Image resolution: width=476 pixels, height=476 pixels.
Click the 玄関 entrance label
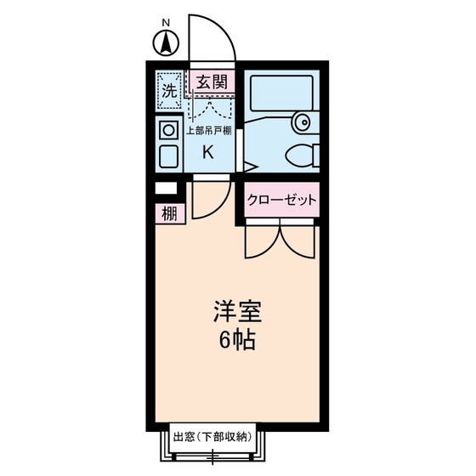pyautogui.click(x=211, y=82)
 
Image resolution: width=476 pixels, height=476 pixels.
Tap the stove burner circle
pyautogui.click(x=167, y=130)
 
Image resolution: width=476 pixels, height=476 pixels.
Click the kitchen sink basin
pyautogui.click(x=167, y=156)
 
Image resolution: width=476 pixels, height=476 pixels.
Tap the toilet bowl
pyautogui.click(x=299, y=156)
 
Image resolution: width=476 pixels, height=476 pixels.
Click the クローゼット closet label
pyautogui.click(x=281, y=201)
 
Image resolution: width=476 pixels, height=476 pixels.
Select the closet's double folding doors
pyautogui.click(x=280, y=240)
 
